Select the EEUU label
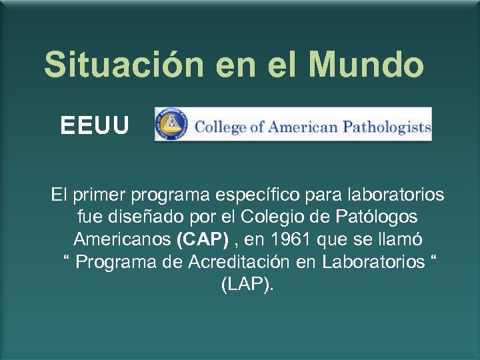95,125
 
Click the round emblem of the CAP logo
171,125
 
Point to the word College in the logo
220,127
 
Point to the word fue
90,217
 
